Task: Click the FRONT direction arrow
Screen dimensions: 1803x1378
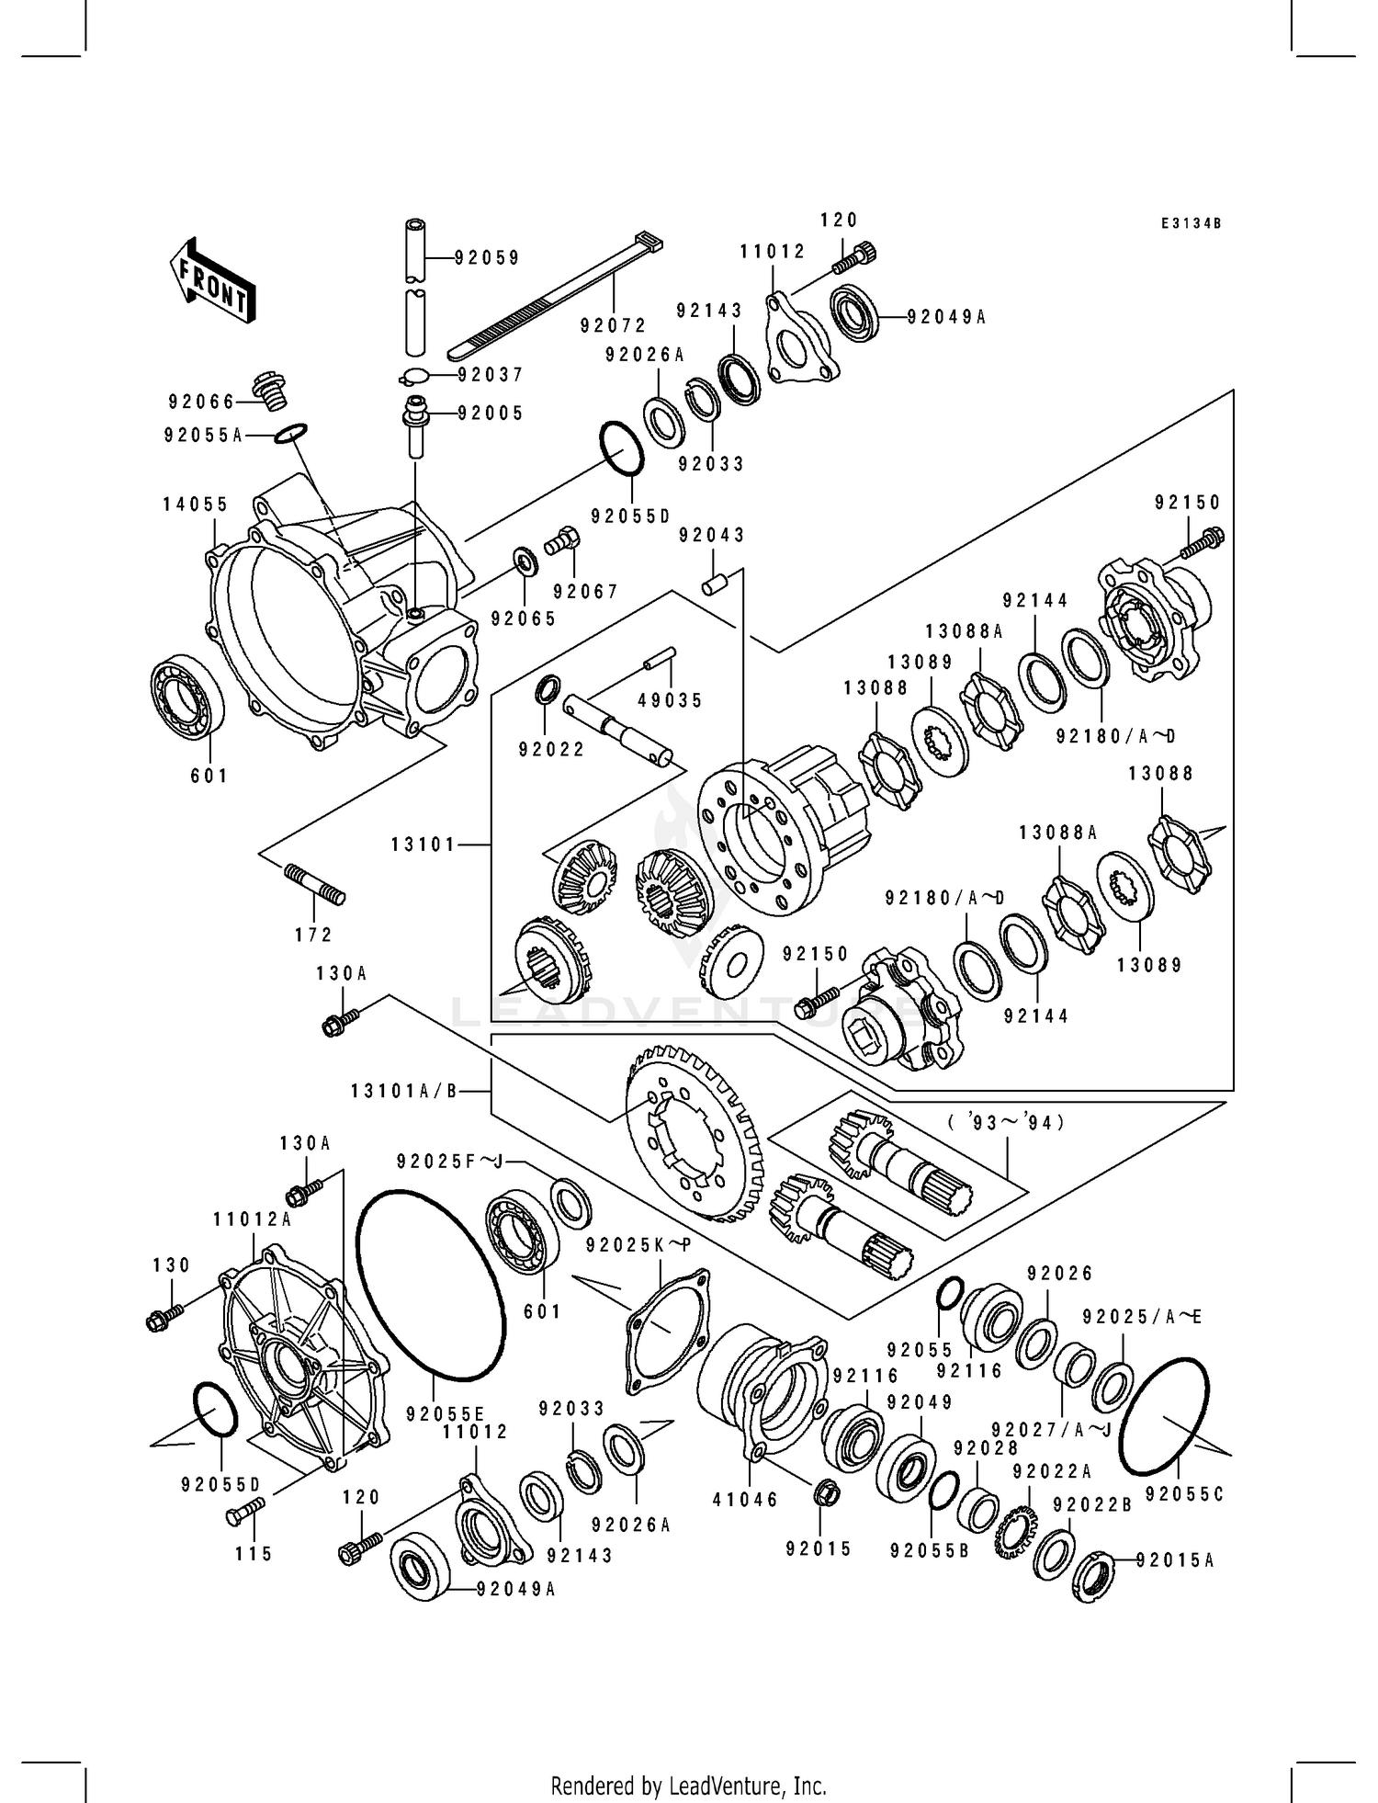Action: (212, 280)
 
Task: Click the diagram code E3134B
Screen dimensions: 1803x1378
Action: (1191, 223)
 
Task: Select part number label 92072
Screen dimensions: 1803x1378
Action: (613, 325)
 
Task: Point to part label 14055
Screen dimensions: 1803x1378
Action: (196, 505)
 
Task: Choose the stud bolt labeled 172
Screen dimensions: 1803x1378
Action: (315, 884)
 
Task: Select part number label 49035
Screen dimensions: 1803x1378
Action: (670, 700)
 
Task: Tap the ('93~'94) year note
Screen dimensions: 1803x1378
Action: (1007, 1122)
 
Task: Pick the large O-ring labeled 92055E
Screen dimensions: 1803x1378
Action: (429, 1284)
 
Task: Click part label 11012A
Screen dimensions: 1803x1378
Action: (252, 1219)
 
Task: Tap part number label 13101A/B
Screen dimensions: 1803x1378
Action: (403, 1091)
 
